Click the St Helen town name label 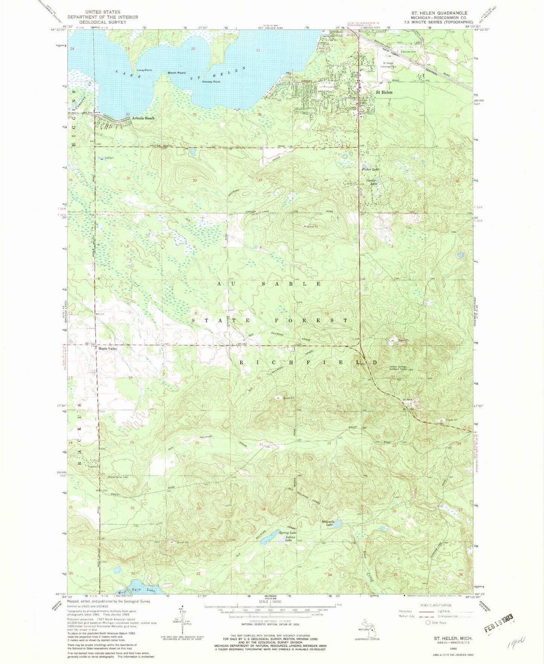pyautogui.click(x=384, y=92)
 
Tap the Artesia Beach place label pyautogui.click(x=143, y=118)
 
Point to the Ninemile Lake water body pyautogui.click(x=338, y=524)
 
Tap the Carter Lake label pyautogui.click(x=372, y=182)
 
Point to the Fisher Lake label pyautogui.click(x=370, y=169)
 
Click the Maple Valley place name pyautogui.click(x=108, y=349)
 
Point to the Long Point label pyautogui.click(x=144, y=70)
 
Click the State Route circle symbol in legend pyautogui.click(x=428, y=623)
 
